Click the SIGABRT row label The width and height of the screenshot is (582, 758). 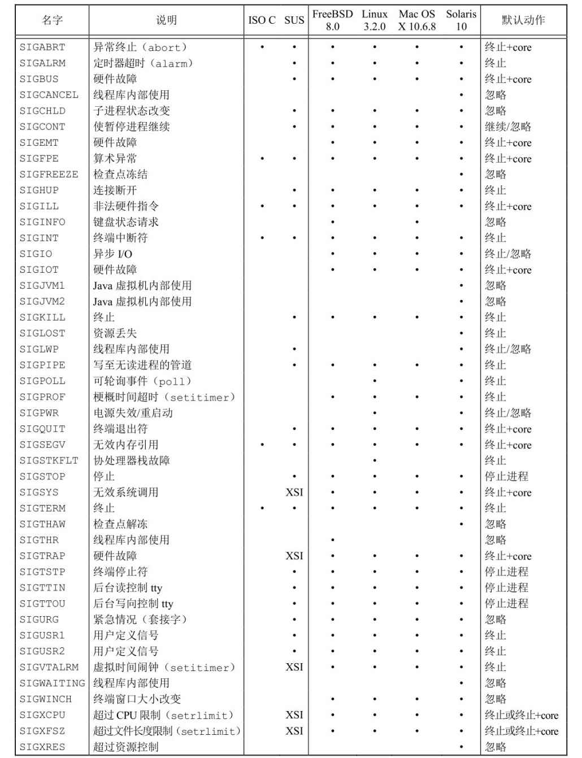click(x=42, y=47)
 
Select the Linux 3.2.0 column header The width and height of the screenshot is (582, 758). click(x=375, y=20)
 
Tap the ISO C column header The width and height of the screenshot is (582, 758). click(x=262, y=20)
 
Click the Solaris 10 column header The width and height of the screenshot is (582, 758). click(x=461, y=20)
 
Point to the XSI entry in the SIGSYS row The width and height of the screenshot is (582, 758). click(x=294, y=493)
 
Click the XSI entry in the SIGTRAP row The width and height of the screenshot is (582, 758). click(x=294, y=556)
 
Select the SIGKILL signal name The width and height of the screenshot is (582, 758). click(x=42, y=317)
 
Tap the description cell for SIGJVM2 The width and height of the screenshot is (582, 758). click(x=142, y=302)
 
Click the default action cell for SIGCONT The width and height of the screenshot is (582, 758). click(x=508, y=127)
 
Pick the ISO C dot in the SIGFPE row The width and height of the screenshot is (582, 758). click(x=262, y=159)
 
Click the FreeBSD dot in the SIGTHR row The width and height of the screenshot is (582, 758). click(x=333, y=541)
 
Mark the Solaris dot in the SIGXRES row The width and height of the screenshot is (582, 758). click(x=461, y=747)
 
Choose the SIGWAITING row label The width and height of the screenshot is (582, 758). click(x=53, y=683)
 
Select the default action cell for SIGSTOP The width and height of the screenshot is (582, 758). click(x=506, y=477)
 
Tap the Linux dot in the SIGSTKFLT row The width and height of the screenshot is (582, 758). click(x=375, y=461)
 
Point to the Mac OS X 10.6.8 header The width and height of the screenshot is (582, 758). click(x=417, y=20)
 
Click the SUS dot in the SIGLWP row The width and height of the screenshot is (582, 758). click(x=294, y=350)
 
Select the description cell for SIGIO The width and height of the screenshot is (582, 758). click(x=112, y=254)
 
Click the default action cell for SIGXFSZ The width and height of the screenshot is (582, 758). click(x=521, y=731)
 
